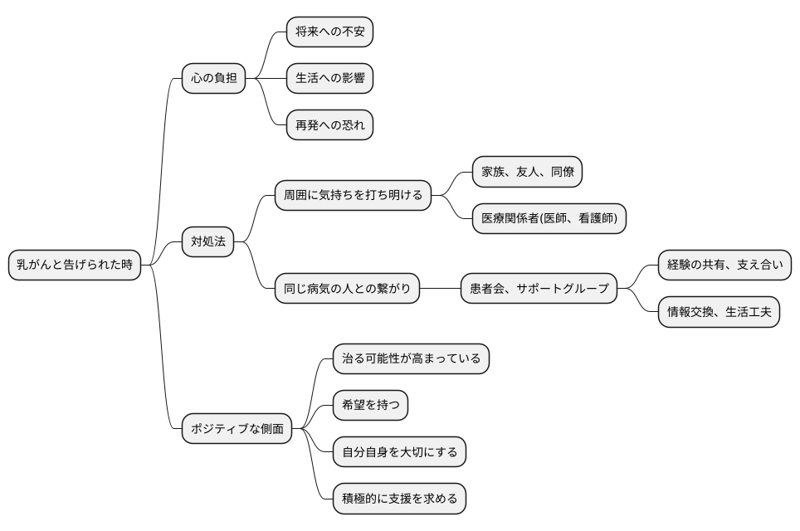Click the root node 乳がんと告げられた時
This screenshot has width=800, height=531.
(75, 265)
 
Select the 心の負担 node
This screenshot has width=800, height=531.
(214, 79)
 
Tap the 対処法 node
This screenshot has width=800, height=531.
(208, 242)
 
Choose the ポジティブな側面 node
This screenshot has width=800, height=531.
(237, 429)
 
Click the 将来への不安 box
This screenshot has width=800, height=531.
(329, 32)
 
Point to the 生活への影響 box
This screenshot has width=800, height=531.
(329, 79)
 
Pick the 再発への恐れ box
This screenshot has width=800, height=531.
(329, 125)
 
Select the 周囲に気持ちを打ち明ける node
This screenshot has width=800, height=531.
(353, 196)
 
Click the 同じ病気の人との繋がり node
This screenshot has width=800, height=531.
(347, 289)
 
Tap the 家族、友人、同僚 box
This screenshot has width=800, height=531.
(527, 173)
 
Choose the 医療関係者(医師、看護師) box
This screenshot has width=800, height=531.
(549, 219)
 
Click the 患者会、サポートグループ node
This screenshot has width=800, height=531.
(539, 289)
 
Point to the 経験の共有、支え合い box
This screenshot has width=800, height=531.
(724, 265)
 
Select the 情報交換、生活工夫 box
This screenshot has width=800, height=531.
(719, 312)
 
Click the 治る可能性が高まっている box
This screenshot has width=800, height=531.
(411, 359)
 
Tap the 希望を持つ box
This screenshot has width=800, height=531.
(370, 406)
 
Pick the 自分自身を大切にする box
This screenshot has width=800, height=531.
(399, 452)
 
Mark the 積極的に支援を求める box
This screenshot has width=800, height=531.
(399, 499)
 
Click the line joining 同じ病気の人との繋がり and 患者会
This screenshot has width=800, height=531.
(440, 289)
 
